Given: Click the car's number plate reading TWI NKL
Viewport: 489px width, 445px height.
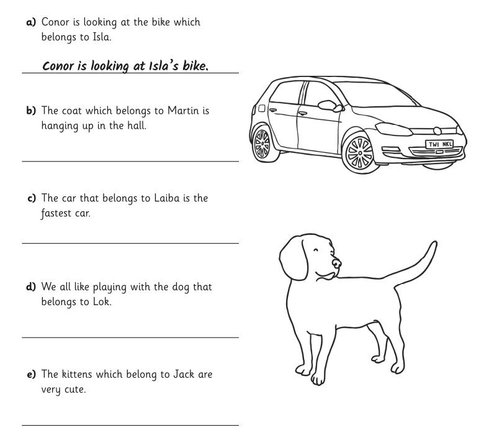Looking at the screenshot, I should coord(439,144).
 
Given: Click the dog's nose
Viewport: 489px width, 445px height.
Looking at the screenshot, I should coord(337,264).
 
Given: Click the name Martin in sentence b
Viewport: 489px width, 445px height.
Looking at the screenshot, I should coord(184,111).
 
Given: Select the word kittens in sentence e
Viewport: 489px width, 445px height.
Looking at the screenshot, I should coord(80,375).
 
